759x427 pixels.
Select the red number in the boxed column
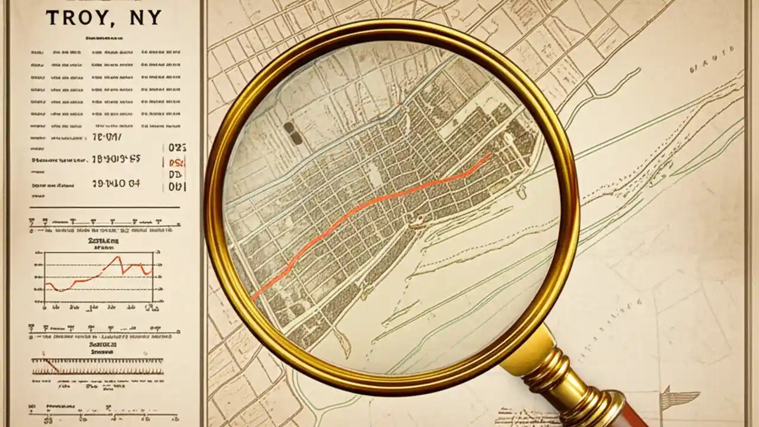pyautogui.click(x=177, y=162)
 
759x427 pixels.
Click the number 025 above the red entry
pyautogui.click(x=177, y=147)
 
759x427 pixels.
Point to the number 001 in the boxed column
pyautogui.click(x=177, y=186)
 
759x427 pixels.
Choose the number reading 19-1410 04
pyautogui.click(x=116, y=184)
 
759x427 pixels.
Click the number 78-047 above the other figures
pyautogui.click(x=107, y=138)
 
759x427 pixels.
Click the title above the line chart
pyautogui.click(x=103, y=242)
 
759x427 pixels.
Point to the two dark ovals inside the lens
pyautogui.click(x=292, y=133)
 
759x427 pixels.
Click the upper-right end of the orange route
pyautogui.click(x=489, y=155)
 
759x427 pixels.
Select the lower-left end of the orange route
pyautogui.click(x=254, y=298)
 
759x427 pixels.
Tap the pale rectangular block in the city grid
pyautogui.click(x=374, y=175)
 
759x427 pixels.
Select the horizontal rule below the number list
pyautogui.click(x=104, y=208)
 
